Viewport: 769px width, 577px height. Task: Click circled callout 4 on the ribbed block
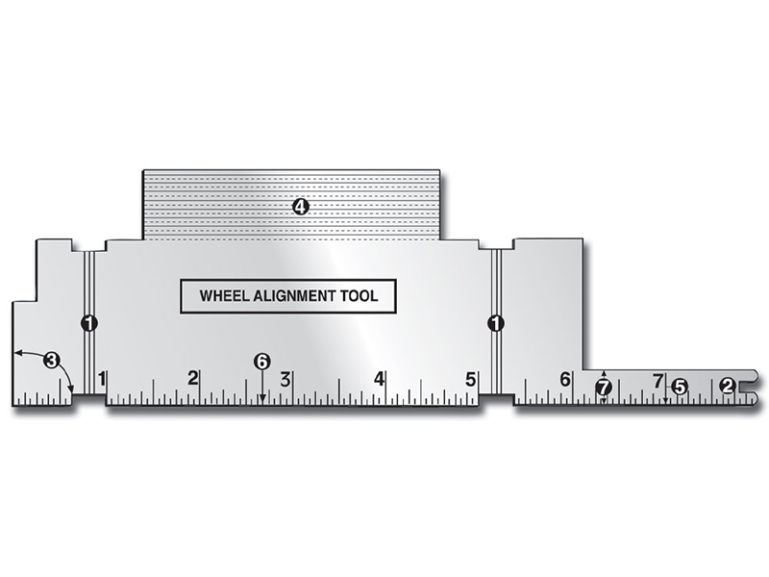tap(300, 207)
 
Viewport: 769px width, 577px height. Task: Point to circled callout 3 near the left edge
tap(52, 361)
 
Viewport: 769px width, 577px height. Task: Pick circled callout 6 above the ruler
tap(261, 361)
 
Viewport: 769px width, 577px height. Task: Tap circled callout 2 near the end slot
tap(728, 386)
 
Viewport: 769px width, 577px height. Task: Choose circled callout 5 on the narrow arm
tap(680, 386)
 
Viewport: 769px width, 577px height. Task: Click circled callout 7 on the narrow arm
tap(603, 387)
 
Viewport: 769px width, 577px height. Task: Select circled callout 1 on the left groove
tap(88, 323)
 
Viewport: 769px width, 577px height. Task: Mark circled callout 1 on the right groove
tap(496, 323)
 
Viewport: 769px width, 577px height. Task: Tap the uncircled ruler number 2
tap(193, 377)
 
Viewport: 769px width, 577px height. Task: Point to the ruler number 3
tap(285, 378)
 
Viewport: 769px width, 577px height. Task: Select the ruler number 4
tap(380, 378)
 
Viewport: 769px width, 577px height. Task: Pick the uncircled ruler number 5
tap(471, 378)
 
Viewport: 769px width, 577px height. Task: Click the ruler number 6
tap(565, 378)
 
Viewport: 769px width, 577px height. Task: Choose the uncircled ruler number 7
tap(658, 380)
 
